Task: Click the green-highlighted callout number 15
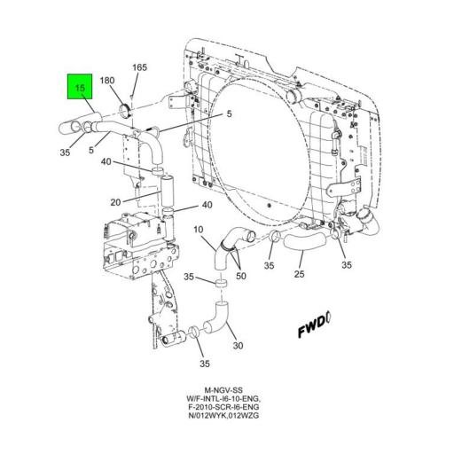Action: coord(80,89)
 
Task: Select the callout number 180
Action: coord(107,80)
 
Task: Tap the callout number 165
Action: coord(140,67)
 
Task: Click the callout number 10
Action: coord(199,231)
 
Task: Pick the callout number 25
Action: coord(299,276)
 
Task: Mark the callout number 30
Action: coord(236,347)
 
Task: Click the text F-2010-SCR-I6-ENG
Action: coord(227,411)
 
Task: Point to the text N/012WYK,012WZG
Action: coord(227,421)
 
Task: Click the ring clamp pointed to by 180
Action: coord(125,110)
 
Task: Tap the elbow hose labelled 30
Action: coord(217,318)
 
